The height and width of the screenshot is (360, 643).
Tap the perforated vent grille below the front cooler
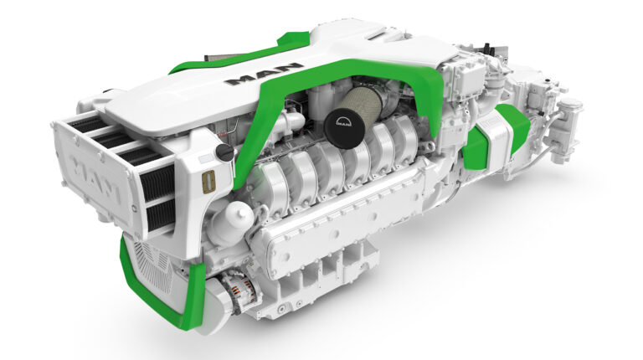pyautogui.click(x=149, y=260)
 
